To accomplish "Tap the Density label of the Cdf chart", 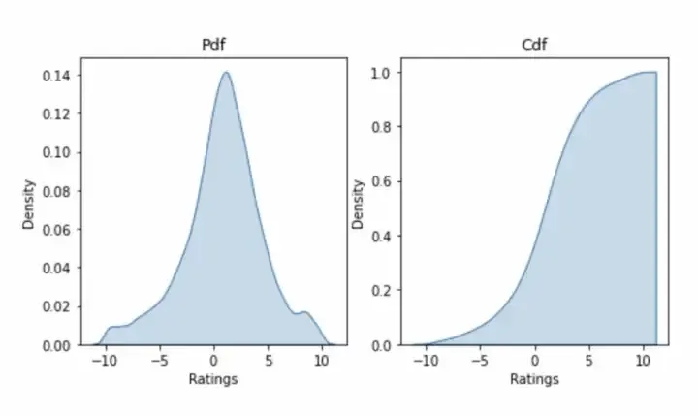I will click(x=359, y=203).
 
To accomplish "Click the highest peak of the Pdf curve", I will click(x=226, y=72).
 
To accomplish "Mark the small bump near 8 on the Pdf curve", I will click(x=304, y=312).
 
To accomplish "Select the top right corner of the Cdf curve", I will click(x=656, y=72).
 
